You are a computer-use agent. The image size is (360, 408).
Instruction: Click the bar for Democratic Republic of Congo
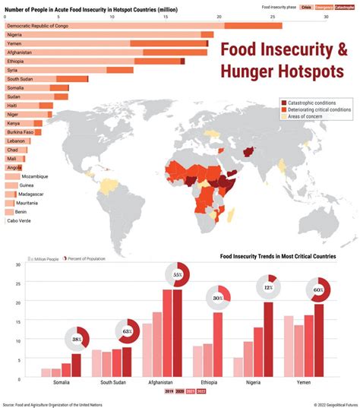click(x=144, y=26)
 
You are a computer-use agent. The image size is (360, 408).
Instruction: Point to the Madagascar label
click(x=31, y=194)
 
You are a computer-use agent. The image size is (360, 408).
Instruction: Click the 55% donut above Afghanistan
click(x=178, y=274)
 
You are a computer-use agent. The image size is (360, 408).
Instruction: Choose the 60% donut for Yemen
click(x=317, y=289)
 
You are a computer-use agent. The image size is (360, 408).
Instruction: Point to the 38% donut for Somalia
click(x=77, y=339)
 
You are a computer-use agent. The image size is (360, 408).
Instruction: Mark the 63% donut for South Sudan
click(x=127, y=331)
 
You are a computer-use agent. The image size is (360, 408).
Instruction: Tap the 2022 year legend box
click(x=201, y=392)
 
